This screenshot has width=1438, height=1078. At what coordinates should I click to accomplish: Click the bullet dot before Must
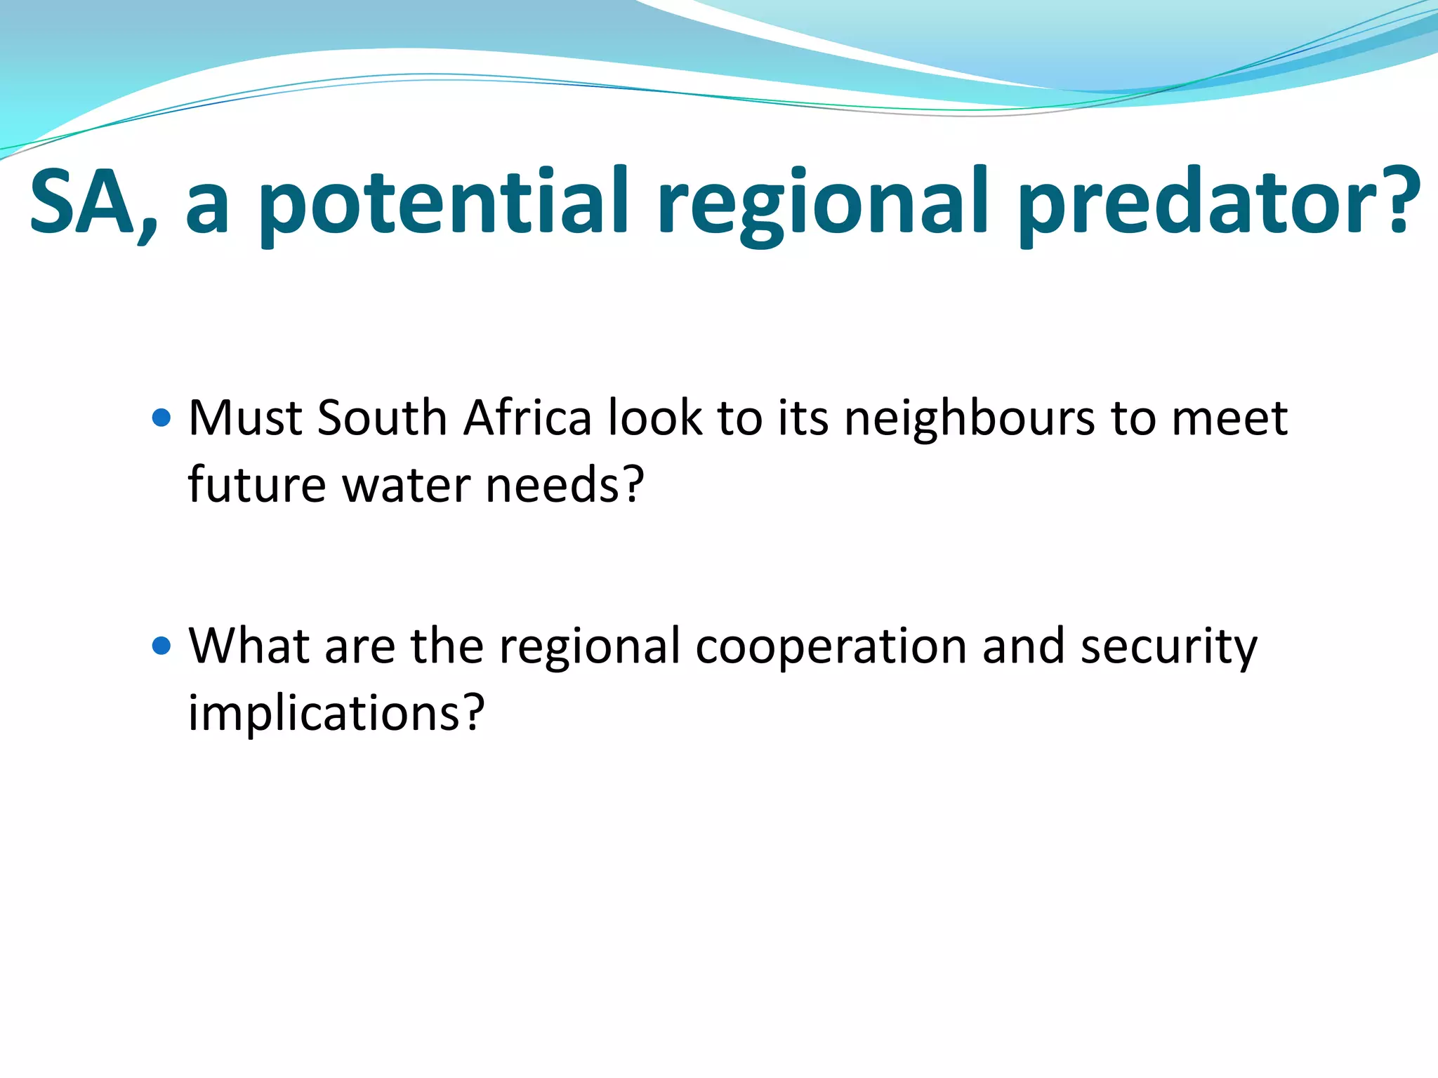[161, 418]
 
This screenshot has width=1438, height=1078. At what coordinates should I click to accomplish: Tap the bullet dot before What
[161, 646]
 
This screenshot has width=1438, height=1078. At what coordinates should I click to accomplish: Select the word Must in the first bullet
[245, 418]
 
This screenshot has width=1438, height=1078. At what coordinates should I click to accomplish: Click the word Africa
[527, 418]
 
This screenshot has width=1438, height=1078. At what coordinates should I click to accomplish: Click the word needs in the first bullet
[555, 486]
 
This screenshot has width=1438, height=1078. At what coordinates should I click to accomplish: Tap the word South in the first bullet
[382, 418]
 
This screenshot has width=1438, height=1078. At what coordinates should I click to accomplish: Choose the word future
[257, 486]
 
